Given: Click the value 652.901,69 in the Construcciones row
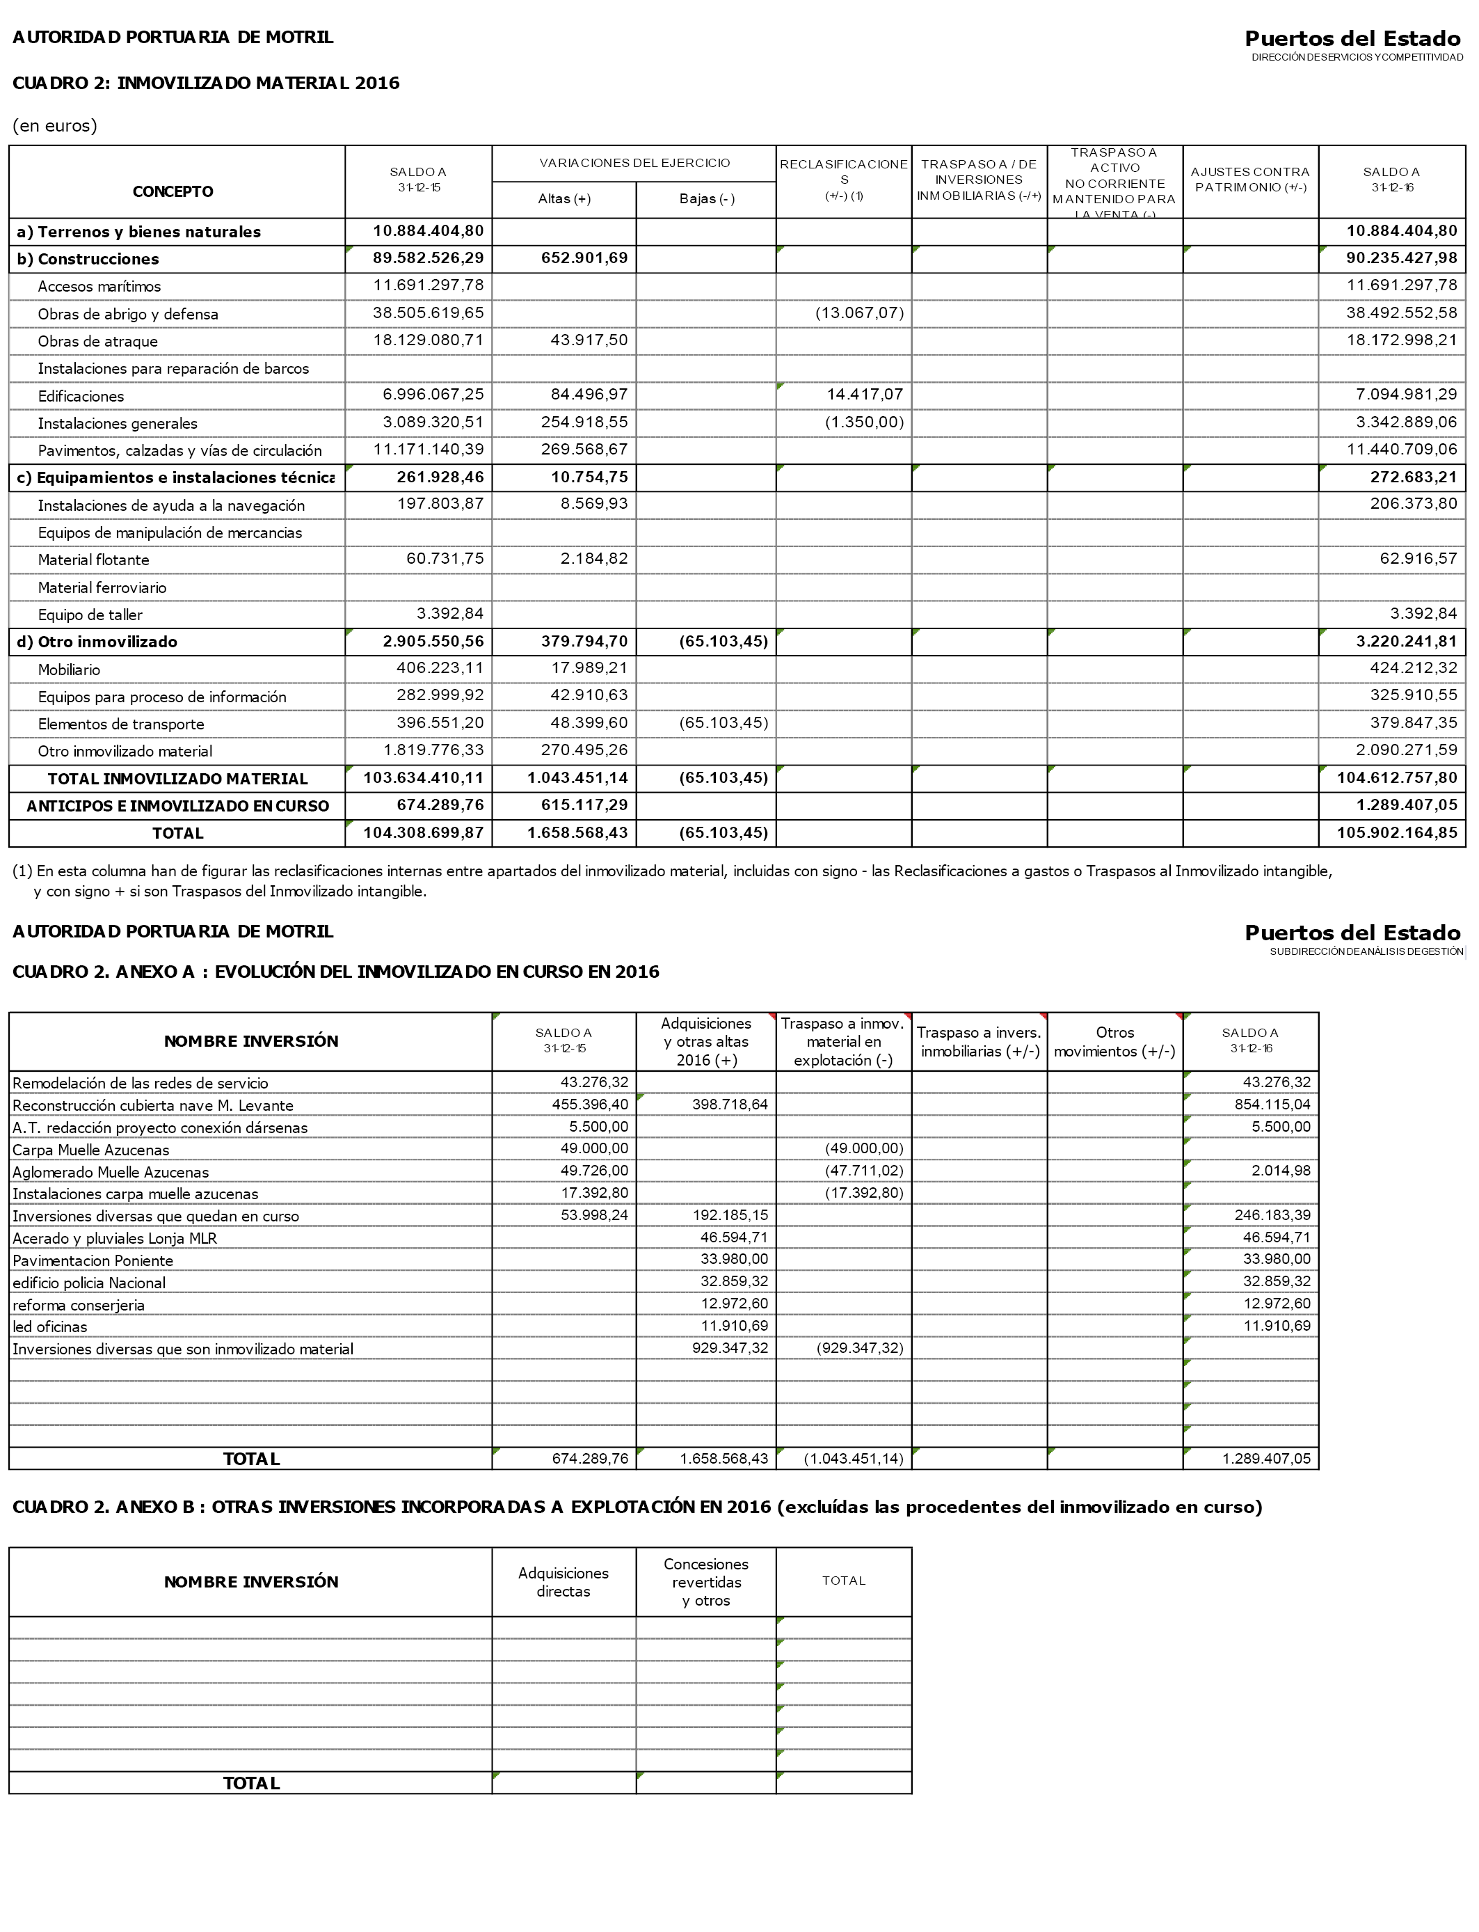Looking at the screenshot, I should [584, 258].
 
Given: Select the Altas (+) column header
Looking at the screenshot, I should [563, 199].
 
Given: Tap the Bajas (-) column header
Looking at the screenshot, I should [706, 199].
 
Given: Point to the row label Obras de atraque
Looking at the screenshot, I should [97, 342].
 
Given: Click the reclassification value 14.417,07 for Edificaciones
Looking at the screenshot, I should [865, 395].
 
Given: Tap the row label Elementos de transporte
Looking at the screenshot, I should [120, 724].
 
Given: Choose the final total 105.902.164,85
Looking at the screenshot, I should [1396, 832].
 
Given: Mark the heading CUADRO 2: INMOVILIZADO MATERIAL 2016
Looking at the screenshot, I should [206, 83].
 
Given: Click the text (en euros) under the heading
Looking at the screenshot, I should [54, 125].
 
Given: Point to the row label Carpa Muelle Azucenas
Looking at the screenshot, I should [90, 1150].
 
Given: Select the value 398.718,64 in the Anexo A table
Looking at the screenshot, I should [730, 1104].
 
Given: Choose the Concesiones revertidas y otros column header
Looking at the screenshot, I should [706, 1583].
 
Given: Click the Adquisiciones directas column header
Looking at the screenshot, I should [563, 1583].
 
